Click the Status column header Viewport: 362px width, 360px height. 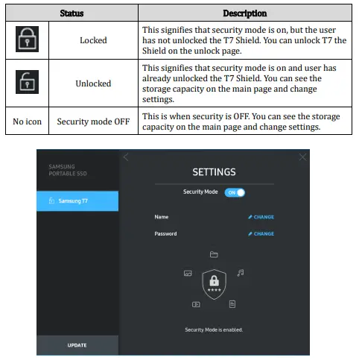[72, 13]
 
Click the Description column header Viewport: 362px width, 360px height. [245, 13]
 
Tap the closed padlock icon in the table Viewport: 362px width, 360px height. [27, 39]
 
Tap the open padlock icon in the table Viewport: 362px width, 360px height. [27, 82]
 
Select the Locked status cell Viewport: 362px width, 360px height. [93, 40]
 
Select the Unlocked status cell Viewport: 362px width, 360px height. [93, 83]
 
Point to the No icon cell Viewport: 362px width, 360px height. [27, 121]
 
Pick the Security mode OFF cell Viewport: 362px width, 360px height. [93, 121]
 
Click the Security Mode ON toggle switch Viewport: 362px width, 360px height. [235, 192]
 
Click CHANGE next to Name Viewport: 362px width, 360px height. [261, 217]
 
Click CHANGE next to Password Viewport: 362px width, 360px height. [261, 233]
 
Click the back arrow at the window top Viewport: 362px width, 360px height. [126, 157]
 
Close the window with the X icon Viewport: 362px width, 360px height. [302, 157]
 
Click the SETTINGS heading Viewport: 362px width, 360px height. [214, 172]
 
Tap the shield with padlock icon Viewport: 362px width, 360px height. [215, 284]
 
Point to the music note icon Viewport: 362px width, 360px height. [241, 273]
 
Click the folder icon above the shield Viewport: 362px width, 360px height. [214, 254]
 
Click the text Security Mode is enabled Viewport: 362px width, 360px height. [214, 329]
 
